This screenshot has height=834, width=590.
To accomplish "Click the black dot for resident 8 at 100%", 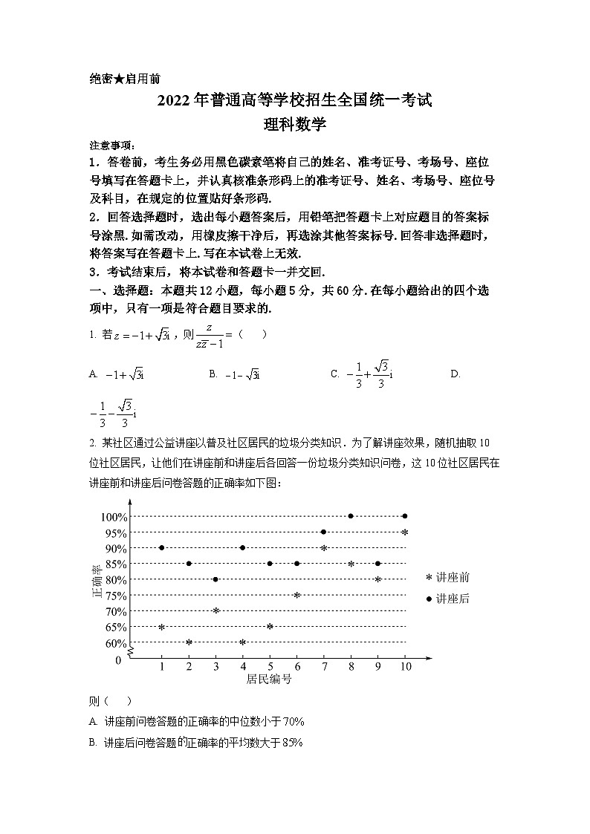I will pyautogui.click(x=351, y=516).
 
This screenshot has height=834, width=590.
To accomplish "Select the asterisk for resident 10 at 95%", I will pyautogui.click(x=405, y=532).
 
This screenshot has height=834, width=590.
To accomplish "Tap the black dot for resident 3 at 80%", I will pyautogui.click(x=215, y=579).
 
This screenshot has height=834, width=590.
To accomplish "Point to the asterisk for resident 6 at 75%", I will pyautogui.click(x=296, y=596).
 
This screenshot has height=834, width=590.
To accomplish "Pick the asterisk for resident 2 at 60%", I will pyautogui.click(x=189, y=642).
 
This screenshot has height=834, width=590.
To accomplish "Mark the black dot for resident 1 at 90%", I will pyautogui.click(x=161, y=548).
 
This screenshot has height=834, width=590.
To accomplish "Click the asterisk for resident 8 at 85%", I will pyautogui.click(x=351, y=564).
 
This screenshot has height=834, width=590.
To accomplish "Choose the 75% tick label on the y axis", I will pyautogui.click(x=115, y=596).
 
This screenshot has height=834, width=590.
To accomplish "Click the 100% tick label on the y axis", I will pyautogui.click(x=113, y=517).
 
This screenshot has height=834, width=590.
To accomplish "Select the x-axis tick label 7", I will pyautogui.click(x=324, y=667).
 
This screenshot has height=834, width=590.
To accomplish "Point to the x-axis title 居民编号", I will pyautogui.click(x=268, y=680).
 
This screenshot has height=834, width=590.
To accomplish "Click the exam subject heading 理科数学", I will pyautogui.click(x=295, y=125).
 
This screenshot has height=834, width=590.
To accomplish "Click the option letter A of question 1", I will pyautogui.click(x=93, y=374).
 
